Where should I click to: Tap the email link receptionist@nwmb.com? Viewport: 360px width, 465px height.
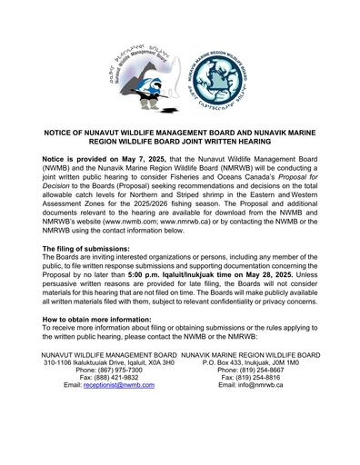pyautogui.click(x=115, y=385)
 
